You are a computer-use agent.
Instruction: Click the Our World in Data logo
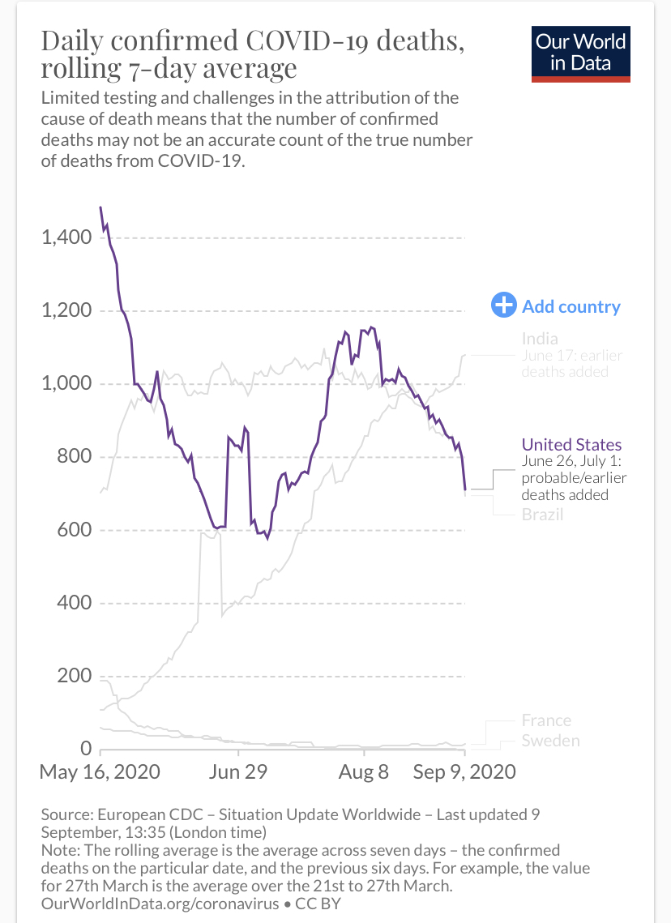click(x=580, y=53)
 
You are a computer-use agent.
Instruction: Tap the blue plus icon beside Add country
click(x=504, y=305)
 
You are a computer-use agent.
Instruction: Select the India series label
click(x=540, y=339)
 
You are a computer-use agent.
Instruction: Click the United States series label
click(x=571, y=444)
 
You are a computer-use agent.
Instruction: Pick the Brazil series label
click(x=542, y=515)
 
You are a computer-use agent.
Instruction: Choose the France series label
click(x=546, y=720)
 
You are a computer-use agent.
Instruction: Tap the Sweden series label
click(x=550, y=741)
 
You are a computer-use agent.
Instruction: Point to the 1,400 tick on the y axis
click(x=66, y=237)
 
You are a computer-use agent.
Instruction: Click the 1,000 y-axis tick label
click(x=66, y=383)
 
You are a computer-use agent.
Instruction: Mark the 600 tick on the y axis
click(x=75, y=529)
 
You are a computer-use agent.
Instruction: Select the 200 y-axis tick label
click(x=75, y=675)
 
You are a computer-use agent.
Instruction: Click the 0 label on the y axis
click(x=87, y=748)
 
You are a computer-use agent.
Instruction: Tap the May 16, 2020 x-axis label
click(x=100, y=771)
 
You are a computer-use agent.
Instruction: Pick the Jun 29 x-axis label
click(x=237, y=771)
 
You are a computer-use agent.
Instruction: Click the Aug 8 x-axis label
click(x=364, y=771)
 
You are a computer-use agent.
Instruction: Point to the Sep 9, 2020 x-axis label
click(x=464, y=771)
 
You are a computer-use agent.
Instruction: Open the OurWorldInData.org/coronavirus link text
click(x=160, y=904)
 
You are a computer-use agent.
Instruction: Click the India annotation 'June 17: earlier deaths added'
click(x=571, y=364)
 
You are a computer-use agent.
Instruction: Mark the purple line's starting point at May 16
click(x=100, y=207)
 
